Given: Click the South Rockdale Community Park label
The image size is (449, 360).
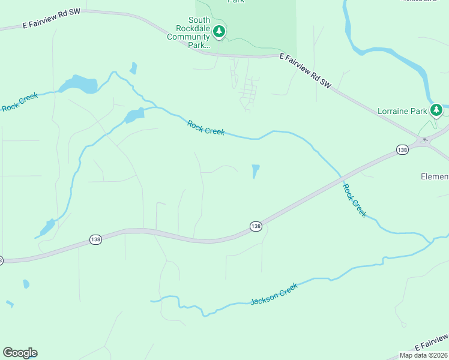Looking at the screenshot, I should (188, 32).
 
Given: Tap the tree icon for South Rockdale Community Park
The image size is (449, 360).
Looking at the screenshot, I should (219, 31).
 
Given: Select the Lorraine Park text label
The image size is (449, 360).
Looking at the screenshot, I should (402, 111).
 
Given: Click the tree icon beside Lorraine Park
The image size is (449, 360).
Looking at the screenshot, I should (437, 109).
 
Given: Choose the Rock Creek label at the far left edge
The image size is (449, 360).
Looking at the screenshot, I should (20, 101).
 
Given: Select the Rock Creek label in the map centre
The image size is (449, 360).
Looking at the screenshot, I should (205, 128).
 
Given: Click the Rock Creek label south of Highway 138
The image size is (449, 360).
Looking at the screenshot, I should (354, 200).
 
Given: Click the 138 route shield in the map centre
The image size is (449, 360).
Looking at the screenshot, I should (256, 226).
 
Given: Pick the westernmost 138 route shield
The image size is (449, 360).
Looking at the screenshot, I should (95, 239).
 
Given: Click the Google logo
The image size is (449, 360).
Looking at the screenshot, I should (20, 352).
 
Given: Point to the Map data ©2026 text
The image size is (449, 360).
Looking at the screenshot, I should (423, 355).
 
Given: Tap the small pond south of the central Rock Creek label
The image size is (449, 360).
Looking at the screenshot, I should (256, 171).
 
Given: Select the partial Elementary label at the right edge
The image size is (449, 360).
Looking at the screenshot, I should (434, 176).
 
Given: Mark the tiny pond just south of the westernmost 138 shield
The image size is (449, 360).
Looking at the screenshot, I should (26, 283).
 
